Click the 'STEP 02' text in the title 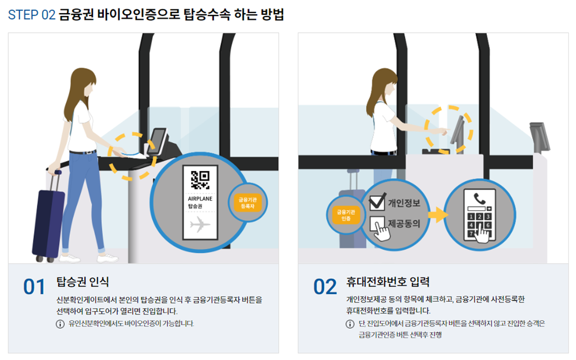pos(32,15)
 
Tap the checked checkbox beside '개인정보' pos(377,202)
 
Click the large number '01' pos(34,287)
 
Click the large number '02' pos(325,287)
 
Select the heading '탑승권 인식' pos(83,282)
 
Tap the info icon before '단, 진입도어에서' pos(350,323)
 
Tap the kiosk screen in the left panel pos(158,140)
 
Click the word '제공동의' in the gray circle pos(404,224)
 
